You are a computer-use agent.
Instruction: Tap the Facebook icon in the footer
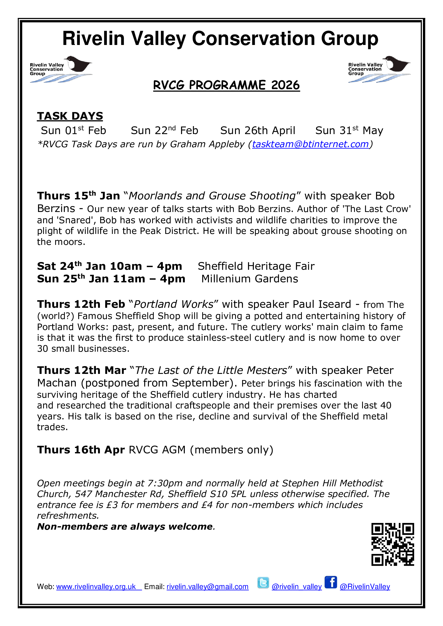pyautogui.click(x=331, y=583)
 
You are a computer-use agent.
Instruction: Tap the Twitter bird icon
pyautogui.click(x=263, y=583)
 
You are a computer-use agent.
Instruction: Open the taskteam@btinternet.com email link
pyautogui.click(x=310, y=144)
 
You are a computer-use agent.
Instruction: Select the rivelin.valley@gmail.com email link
pyautogui.click(x=207, y=587)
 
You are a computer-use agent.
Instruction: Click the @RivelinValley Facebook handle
pyautogui.click(x=365, y=587)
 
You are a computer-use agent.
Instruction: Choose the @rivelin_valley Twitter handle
pyautogui.click(x=296, y=587)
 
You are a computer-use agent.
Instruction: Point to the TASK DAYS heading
pyautogui.click(x=70, y=116)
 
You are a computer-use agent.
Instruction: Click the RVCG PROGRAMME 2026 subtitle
pyautogui.click(x=226, y=85)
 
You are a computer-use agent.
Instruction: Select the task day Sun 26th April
pyautogui.click(x=258, y=131)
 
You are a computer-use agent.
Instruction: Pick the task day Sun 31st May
pyautogui.click(x=349, y=131)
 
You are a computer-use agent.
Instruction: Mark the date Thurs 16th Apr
pyautogui.click(x=81, y=450)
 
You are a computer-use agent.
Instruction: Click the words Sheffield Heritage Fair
pyautogui.click(x=256, y=266)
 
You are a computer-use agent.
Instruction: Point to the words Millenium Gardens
pyautogui.click(x=250, y=279)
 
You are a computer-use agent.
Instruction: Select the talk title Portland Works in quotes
pyautogui.click(x=174, y=304)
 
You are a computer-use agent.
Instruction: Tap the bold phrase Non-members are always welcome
pyautogui.click(x=125, y=526)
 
